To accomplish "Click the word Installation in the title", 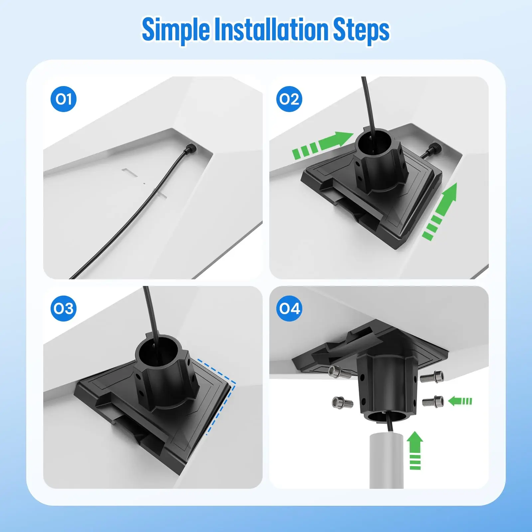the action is tap(271, 29).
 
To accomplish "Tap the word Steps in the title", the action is tap(361, 31).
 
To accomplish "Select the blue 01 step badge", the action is tap(64, 99).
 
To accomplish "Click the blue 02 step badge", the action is tap(289, 99).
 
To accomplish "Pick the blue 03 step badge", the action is tap(64, 308).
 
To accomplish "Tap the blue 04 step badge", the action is tap(289, 308).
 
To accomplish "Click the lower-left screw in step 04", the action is tap(342, 403).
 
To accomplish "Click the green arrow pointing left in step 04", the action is tap(460, 401).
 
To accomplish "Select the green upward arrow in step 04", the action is tap(415, 450).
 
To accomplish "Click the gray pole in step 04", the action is tap(386, 461).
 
